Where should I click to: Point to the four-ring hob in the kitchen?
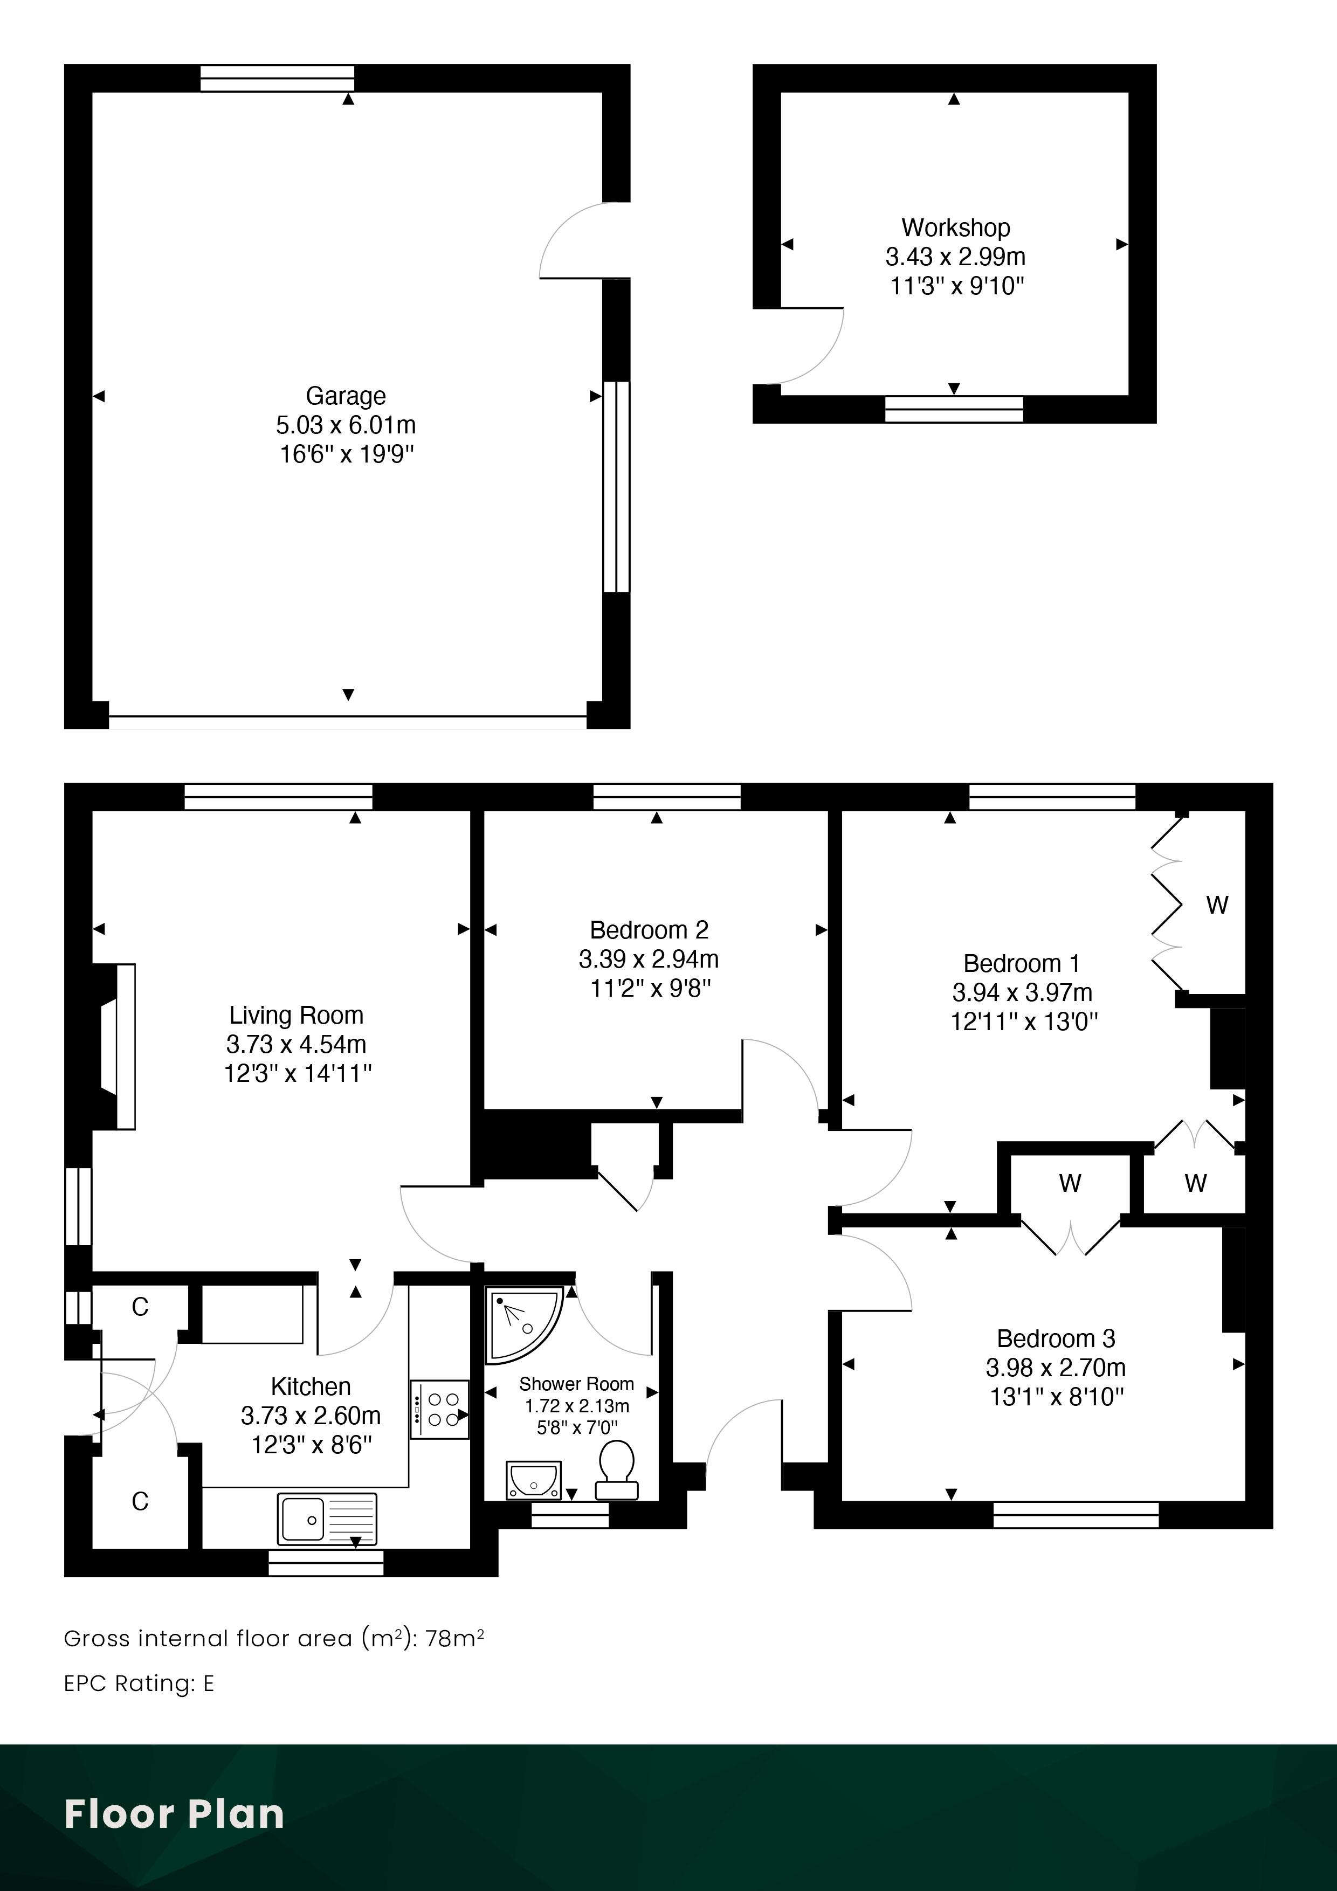click(439, 1409)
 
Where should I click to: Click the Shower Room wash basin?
click(533, 1480)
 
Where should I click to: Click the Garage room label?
click(346, 396)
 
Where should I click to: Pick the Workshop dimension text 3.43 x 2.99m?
click(956, 257)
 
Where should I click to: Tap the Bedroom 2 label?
click(649, 930)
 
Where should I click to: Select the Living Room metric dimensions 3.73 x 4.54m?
click(297, 1044)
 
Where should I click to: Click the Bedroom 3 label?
click(1056, 1338)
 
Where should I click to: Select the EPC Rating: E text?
click(139, 1683)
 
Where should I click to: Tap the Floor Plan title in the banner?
click(174, 1813)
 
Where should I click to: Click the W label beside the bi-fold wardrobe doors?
click(1217, 905)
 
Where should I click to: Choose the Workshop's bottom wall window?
click(954, 409)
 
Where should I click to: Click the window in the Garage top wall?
click(278, 78)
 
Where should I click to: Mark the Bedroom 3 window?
click(1076, 1515)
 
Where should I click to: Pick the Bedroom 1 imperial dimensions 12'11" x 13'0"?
click(1024, 1022)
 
